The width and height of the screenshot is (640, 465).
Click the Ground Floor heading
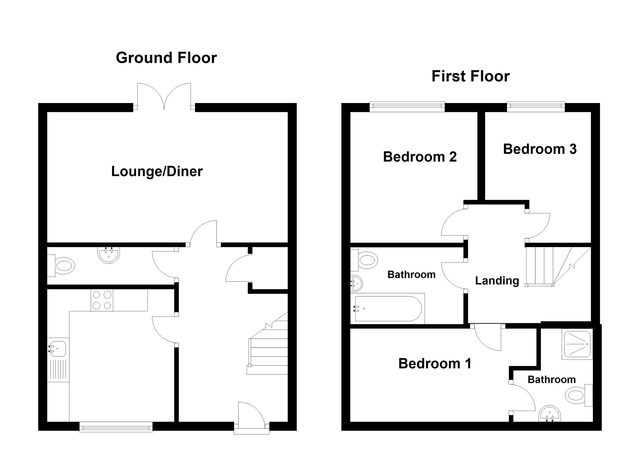166,58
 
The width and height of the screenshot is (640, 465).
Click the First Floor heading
470,77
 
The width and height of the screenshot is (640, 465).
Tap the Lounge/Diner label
157,171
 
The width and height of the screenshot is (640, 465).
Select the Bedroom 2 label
419,157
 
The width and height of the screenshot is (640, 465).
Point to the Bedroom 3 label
540,149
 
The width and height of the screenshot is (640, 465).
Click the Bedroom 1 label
434,364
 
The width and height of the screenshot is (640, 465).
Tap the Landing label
497,280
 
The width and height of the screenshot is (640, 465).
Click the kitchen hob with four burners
102,300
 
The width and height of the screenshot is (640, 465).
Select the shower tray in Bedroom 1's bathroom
577,344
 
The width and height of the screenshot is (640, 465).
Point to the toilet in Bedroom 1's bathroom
576,395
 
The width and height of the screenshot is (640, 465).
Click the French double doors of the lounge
164,97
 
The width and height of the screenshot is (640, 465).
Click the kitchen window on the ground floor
116,427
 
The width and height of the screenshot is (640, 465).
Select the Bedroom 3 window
536,107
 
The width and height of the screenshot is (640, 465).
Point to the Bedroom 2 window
407,107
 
